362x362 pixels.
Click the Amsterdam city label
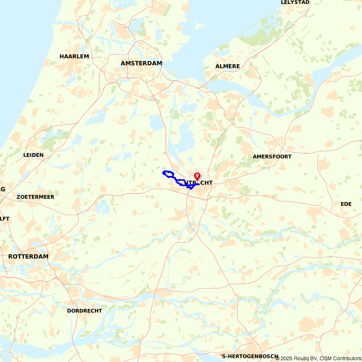(x=141, y=63)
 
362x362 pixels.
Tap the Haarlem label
(x=74, y=56)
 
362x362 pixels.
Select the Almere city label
(x=228, y=66)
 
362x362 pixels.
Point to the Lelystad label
(x=295, y=2)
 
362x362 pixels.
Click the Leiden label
(x=33, y=155)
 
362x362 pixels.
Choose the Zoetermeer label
(x=35, y=197)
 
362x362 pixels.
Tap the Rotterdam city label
(x=28, y=256)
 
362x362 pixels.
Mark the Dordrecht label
(x=85, y=311)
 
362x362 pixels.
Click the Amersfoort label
(x=272, y=157)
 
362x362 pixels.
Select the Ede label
(x=346, y=204)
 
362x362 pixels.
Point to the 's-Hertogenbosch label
(x=249, y=356)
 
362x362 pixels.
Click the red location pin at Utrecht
(x=197, y=176)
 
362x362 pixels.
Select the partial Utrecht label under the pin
(x=191, y=183)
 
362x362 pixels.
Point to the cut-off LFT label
(x=5, y=219)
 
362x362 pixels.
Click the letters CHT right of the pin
(x=206, y=183)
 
